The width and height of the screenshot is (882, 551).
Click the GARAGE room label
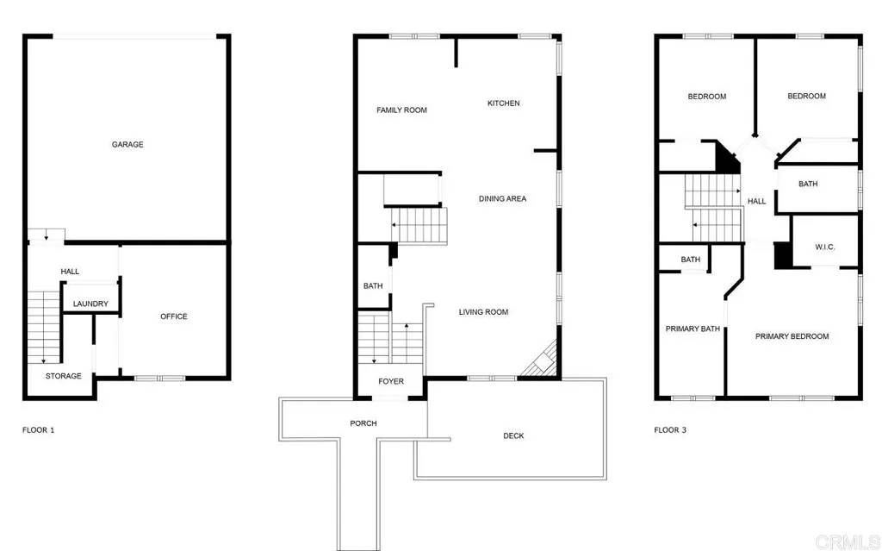[127, 145]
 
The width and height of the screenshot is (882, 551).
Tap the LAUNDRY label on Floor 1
[90, 304]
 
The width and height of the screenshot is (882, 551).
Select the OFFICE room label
[174, 316]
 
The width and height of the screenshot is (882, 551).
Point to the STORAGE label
[64, 376]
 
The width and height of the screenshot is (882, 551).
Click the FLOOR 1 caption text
[39, 429]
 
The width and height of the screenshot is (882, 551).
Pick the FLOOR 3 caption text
[670, 429]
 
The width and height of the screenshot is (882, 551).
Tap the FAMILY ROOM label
[401, 110]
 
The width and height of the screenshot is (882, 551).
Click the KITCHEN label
[504, 103]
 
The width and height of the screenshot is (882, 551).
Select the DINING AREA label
[502, 199]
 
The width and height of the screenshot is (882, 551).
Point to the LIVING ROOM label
[483, 312]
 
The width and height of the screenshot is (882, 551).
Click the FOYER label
[391, 381]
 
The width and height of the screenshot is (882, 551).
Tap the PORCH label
[363, 423]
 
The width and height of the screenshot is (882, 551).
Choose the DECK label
[513, 436]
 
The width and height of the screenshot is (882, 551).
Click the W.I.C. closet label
[825, 247]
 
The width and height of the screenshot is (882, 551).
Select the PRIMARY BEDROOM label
[792, 336]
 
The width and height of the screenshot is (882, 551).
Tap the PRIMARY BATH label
[693, 329]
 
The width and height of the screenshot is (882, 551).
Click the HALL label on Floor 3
[756, 202]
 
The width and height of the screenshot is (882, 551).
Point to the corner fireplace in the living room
[541, 360]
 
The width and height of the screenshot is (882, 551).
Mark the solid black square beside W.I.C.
[783, 256]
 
